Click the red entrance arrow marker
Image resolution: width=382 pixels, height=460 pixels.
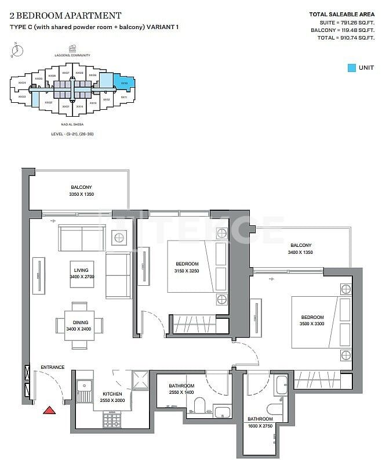(x=50, y=410)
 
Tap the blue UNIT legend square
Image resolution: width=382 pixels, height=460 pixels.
(x=351, y=68)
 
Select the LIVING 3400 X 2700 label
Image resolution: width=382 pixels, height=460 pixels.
(x=81, y=274)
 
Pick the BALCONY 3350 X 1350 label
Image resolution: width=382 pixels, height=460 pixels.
(x=82, y=191)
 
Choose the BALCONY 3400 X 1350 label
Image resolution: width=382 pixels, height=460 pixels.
(x=300, y=249)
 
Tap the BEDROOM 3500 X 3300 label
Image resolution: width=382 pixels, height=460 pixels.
(x=312, y=320)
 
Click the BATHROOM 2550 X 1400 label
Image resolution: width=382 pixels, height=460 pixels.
(x=181, y=389)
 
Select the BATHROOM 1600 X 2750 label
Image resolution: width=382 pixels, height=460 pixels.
(x=260, y=422)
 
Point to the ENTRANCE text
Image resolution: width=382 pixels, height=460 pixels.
(x=52, y=367)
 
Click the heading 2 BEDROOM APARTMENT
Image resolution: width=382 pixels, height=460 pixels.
(x=66, y=16)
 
